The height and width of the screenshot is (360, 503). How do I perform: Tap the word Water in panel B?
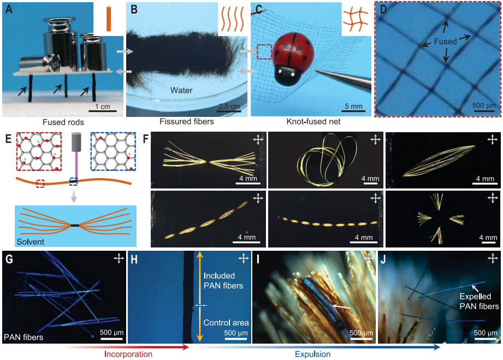click(181, 90)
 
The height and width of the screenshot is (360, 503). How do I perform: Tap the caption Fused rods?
click(62, 122)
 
